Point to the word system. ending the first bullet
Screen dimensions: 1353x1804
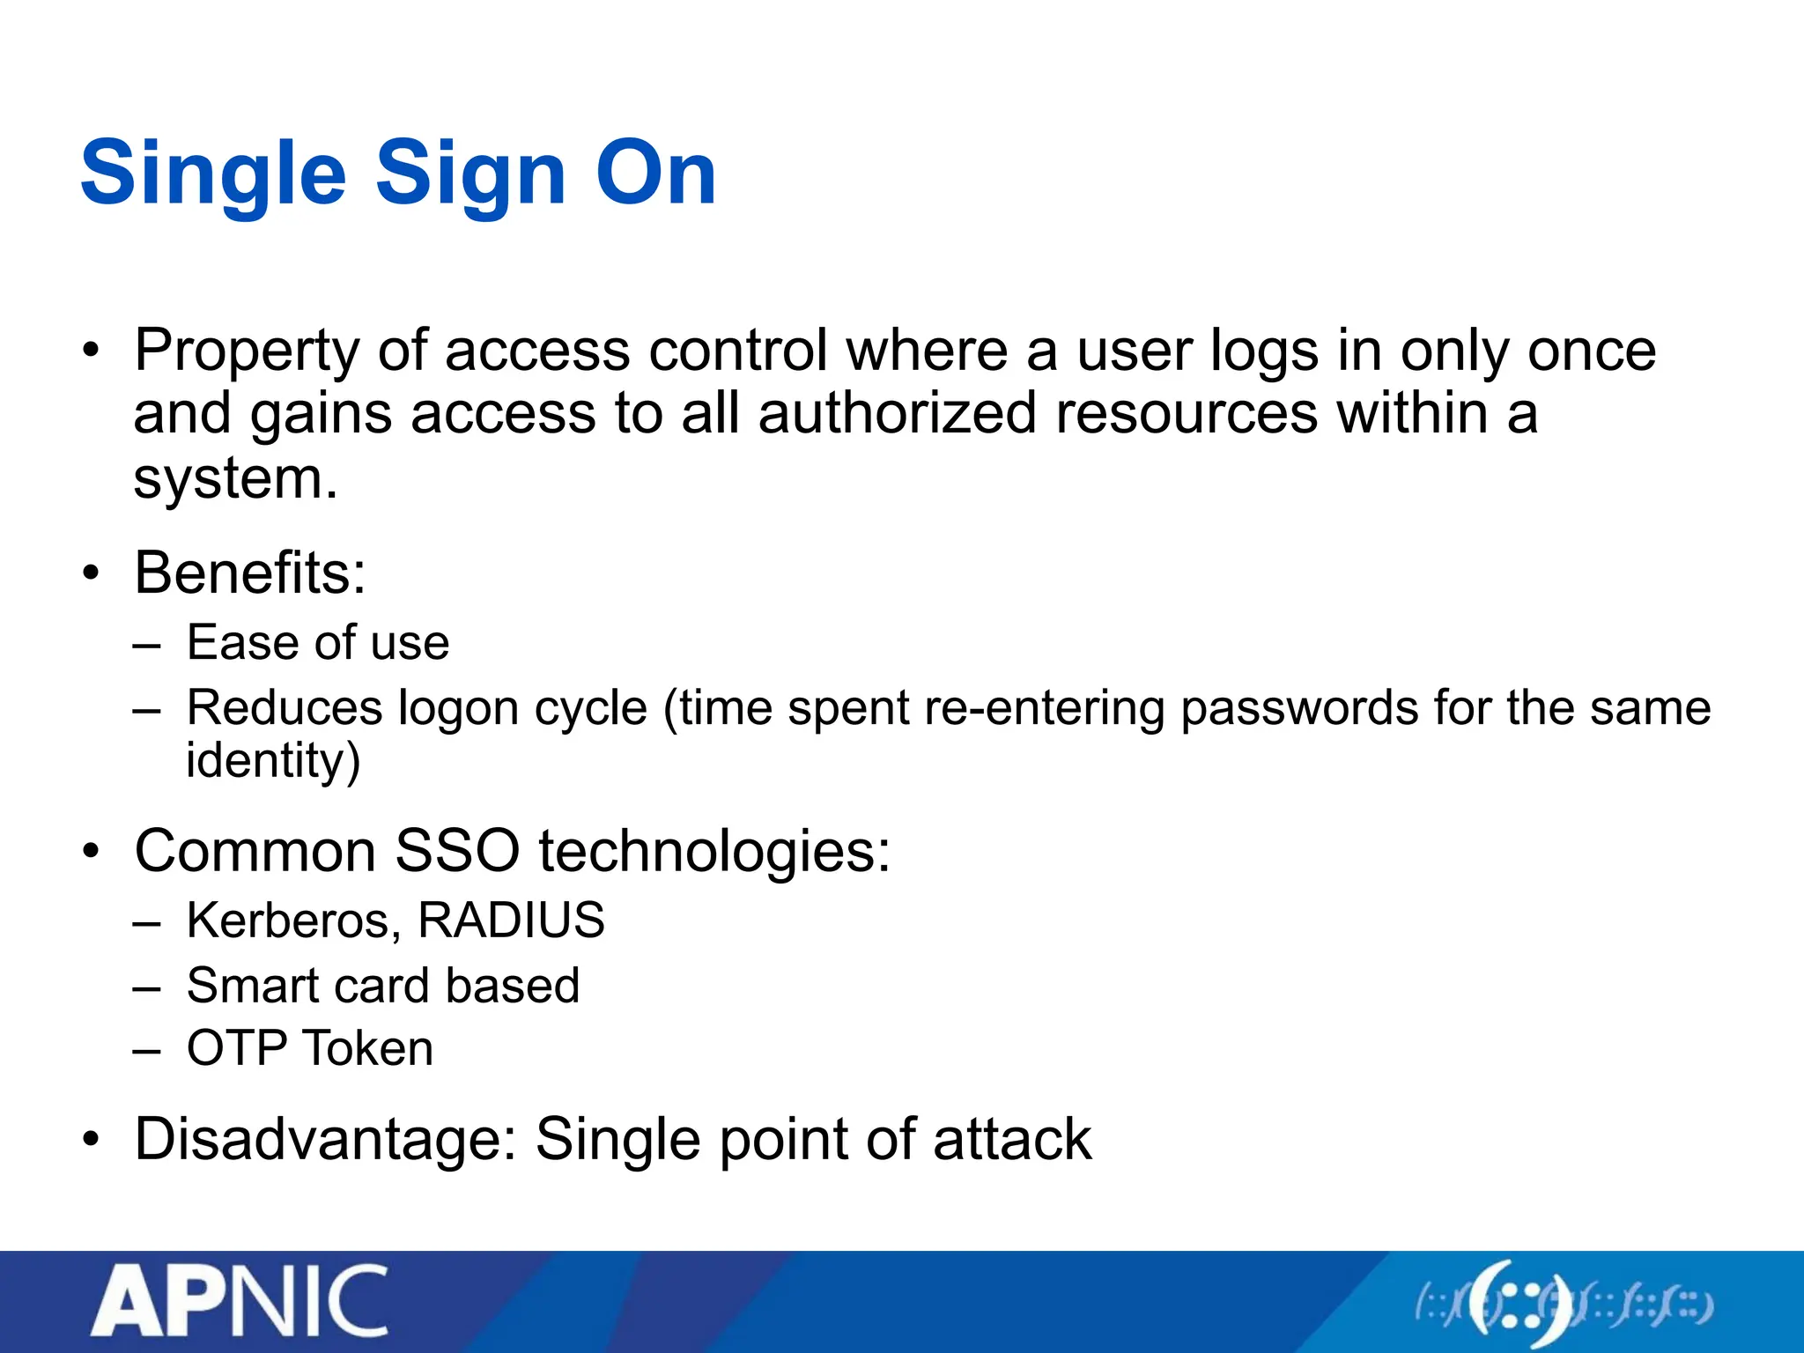click(235, 480)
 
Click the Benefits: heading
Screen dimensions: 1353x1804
click(250, 573)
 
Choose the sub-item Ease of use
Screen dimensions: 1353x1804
click(318, 642)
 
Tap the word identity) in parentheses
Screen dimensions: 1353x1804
click(273, 761)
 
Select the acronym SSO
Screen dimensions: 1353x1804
click(457, 852)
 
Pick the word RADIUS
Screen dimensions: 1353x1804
click(511, 920)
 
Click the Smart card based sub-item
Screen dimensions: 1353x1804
click(383, 986)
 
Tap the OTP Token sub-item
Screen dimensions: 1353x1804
click(310, 1049)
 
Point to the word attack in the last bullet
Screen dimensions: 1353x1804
click(1012, 1140)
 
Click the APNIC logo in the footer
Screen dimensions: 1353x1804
click(240, 1302)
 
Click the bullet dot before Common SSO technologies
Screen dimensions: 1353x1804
click(91, 852)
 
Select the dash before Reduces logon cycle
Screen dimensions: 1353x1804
click(147, 710)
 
